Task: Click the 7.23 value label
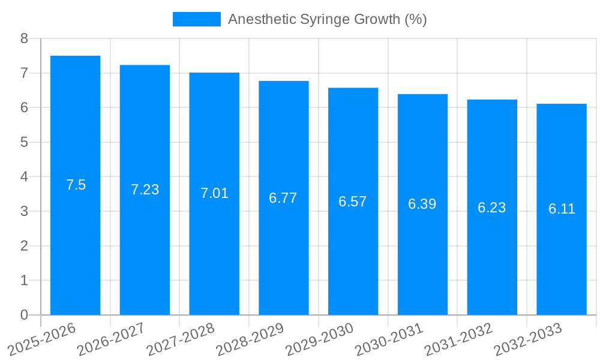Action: [x=145, y=190]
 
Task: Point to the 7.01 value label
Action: [x=214, y=193]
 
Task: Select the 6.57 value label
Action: [x=353, y=202]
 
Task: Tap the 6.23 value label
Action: [x=491, y=208]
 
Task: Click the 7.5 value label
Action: [x=76, y=185]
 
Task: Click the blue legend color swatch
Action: [x=196, y=19]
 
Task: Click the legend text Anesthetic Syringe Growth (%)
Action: [x=327, y=19]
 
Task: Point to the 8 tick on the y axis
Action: [x=24, y=39]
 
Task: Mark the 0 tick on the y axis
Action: [x=24, y=315]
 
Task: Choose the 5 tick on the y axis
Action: [x=24, y=142]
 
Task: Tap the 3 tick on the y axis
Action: [x=24, y=211]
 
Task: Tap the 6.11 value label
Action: [x=562, y=209]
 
